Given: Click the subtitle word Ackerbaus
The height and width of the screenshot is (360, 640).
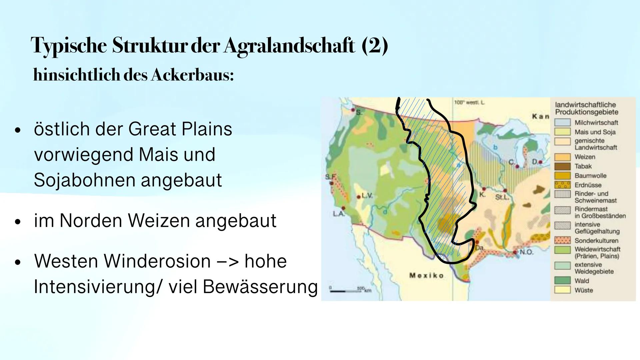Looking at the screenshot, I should [x=192, y=75].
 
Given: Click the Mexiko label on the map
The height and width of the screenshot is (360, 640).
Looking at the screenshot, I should [x=426, y=275].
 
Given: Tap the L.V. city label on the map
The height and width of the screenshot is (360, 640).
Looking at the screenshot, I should [x=367, y=196].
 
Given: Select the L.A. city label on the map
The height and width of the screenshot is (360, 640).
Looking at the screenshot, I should [x=338, y=213].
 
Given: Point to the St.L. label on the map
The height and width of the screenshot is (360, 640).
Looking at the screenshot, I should [x=502, y=197].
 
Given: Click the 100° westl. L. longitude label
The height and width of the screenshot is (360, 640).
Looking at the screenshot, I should [x=469, y=103].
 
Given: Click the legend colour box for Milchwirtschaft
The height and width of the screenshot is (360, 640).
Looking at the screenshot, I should [x=562, y=123].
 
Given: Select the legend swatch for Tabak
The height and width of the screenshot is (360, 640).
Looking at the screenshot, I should [x=562, y=166].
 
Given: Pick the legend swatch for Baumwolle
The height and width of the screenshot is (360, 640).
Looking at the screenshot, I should [x=562, y=176].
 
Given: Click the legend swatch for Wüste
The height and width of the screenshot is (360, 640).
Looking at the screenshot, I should [x=562, y=290].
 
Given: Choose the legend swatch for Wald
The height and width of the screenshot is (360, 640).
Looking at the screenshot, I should [x=562, y=281].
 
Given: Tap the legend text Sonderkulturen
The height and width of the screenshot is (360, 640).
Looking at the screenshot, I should [x=596, y=240].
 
